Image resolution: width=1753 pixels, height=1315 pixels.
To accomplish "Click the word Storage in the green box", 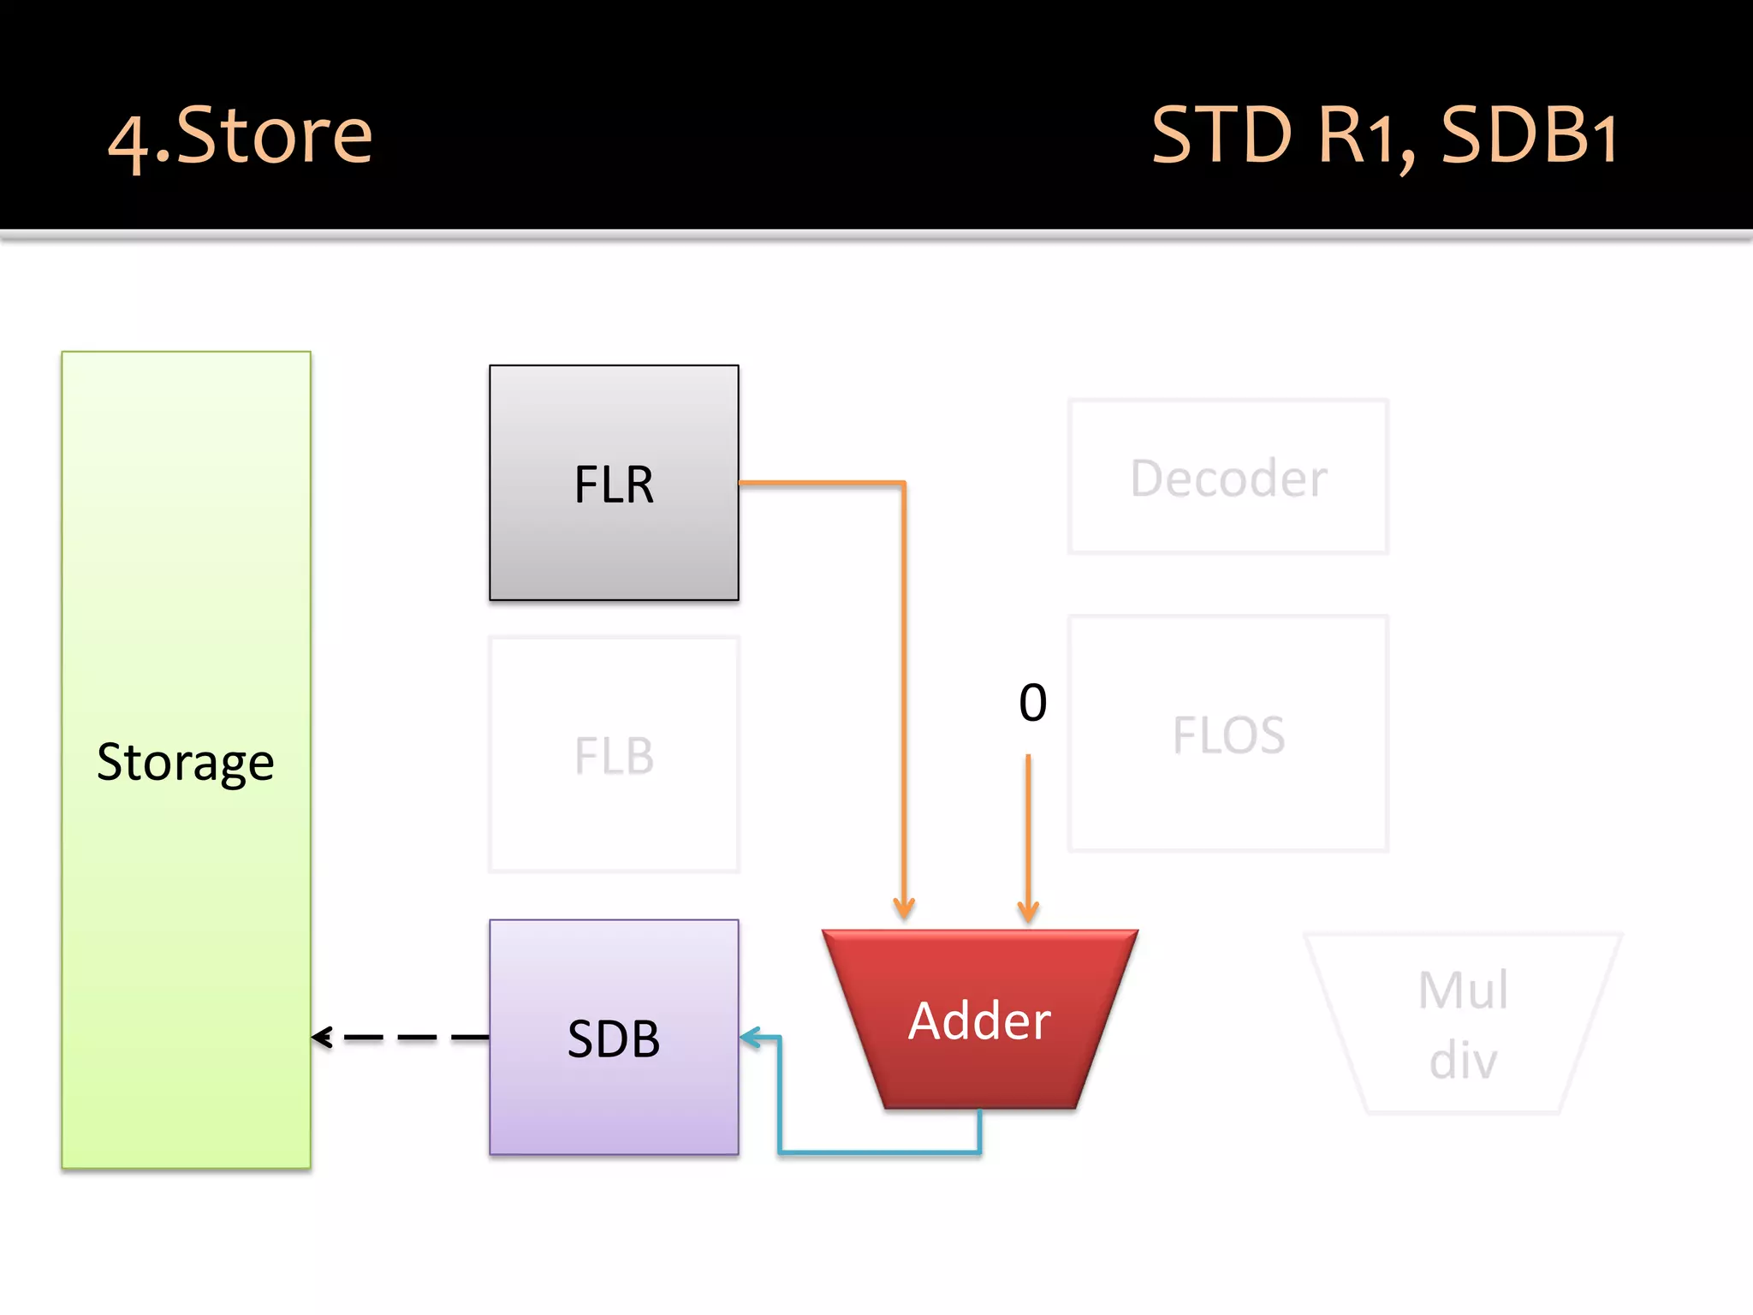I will coord(186,762).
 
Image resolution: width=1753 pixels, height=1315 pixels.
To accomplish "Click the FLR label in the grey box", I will coord(614,485).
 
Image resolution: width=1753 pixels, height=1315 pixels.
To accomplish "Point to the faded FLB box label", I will coord(614,756).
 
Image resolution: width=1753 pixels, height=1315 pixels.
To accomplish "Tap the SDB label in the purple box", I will coord(614,1038).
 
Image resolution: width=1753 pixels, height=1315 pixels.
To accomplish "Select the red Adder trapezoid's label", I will coord(979,1020).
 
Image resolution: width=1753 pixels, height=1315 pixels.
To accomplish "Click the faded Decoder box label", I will coord(1228,478).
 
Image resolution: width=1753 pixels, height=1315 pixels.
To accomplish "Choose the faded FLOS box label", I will coord(1228,735).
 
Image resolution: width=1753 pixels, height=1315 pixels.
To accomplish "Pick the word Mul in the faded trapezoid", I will coord(1463,991).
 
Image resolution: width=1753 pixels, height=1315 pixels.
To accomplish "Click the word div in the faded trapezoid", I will coord(1463,1060).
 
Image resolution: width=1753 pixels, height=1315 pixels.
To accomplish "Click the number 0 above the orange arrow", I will coord(1032,703).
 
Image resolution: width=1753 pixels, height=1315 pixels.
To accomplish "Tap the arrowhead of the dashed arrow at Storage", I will coord(322,1038).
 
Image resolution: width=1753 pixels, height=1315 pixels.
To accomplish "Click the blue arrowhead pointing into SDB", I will coord(750,1038).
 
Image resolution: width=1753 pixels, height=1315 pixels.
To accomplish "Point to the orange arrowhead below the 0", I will coord(1028,911).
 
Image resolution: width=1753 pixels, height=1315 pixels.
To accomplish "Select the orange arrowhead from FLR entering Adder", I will coord(904,907).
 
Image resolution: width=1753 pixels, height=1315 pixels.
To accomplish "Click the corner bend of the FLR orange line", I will coord(903,484).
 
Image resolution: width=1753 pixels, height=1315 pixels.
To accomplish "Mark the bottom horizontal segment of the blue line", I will coord(880,1152).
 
